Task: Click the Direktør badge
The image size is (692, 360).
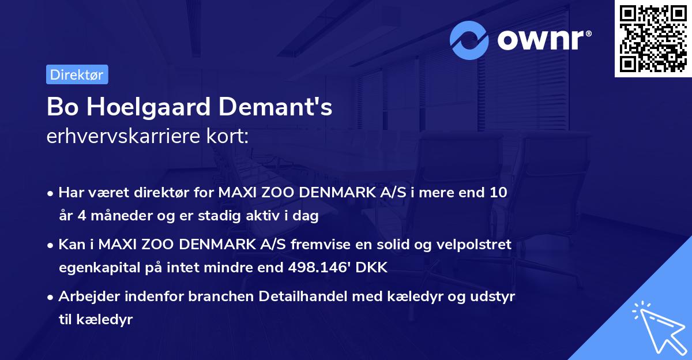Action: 77,74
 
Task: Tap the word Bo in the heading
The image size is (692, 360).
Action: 59,107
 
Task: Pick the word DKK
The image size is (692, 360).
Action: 374,268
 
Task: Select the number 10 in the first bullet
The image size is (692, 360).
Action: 499,193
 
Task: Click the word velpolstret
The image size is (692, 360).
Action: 474,245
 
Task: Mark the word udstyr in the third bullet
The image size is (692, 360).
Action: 495,297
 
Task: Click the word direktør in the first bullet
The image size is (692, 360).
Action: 162,193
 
